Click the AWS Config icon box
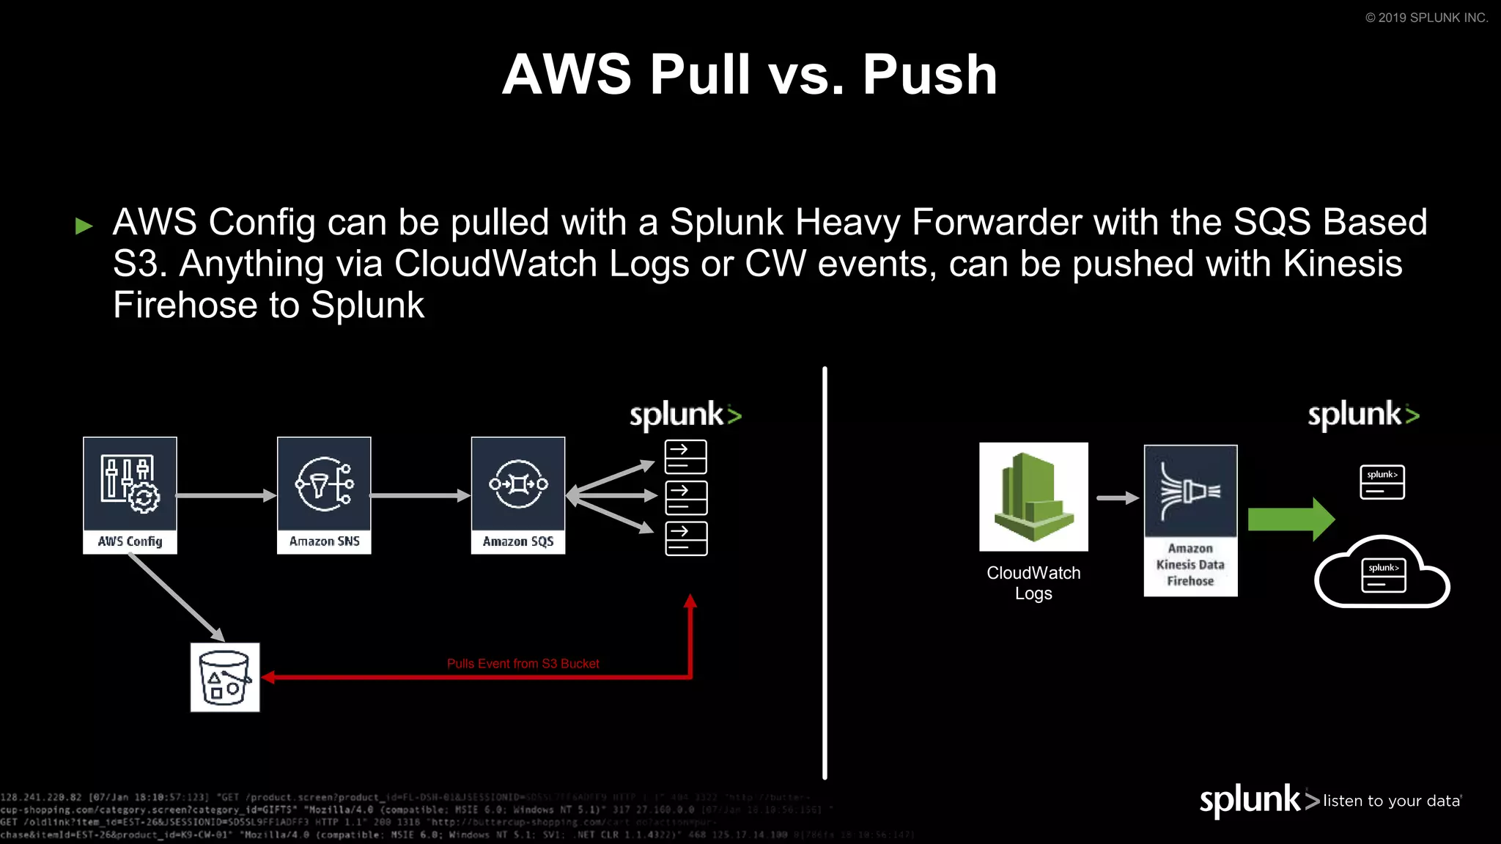click(130, 495)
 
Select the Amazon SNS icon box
click(324, 495)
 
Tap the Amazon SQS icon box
click(518, 495)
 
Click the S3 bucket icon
click(225, 677)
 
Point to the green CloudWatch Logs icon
click(1033, 497)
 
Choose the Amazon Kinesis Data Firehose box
click(1190, 520)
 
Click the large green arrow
click(1291, 519)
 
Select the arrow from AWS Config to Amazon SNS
click(226, 496)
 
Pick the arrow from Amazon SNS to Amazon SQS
click(420, 496)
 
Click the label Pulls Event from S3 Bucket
click(523, 664)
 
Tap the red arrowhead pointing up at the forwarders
click(690, 601)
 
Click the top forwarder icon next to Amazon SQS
click(686, 457)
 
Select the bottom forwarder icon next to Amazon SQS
click(686, 538)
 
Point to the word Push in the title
click(929, 75)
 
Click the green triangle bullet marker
click(84, 226)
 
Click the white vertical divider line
click(825, 571)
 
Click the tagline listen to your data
click(1391, 801)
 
